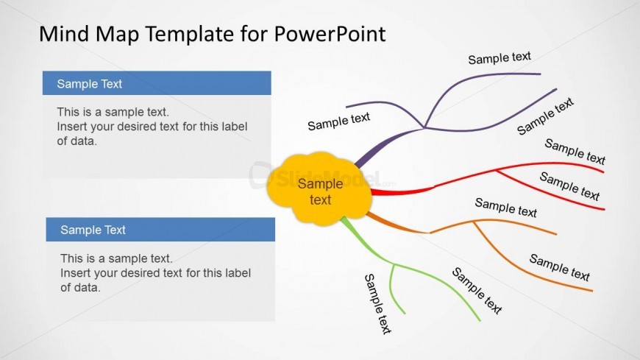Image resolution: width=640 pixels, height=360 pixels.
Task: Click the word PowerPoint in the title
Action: tap(330, 34)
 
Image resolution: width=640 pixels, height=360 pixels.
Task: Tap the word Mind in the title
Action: tap(64, 34)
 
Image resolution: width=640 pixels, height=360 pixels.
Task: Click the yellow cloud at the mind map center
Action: tap(319, 188)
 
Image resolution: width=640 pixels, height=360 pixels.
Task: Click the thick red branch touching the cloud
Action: tap(402, 191)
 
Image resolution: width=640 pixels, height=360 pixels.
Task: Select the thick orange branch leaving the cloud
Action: tap(396, 224)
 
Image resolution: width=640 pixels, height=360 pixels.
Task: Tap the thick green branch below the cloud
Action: tap(364, 241)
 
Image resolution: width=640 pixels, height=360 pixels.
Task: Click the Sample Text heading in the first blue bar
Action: tap(90, 84)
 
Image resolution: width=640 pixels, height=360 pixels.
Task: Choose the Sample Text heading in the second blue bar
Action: tap(93, 230)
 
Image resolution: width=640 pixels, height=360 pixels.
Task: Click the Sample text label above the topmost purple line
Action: tap(499, 58)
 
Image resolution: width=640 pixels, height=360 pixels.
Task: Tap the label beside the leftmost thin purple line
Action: tap(339, 121)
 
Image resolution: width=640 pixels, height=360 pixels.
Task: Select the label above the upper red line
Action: tap(575, 151)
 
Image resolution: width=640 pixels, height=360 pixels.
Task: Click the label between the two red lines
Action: tap(569, 186)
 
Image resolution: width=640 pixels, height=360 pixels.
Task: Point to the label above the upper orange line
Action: tap(505, 208)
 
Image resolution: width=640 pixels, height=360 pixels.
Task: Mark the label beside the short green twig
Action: tap(377, 304)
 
